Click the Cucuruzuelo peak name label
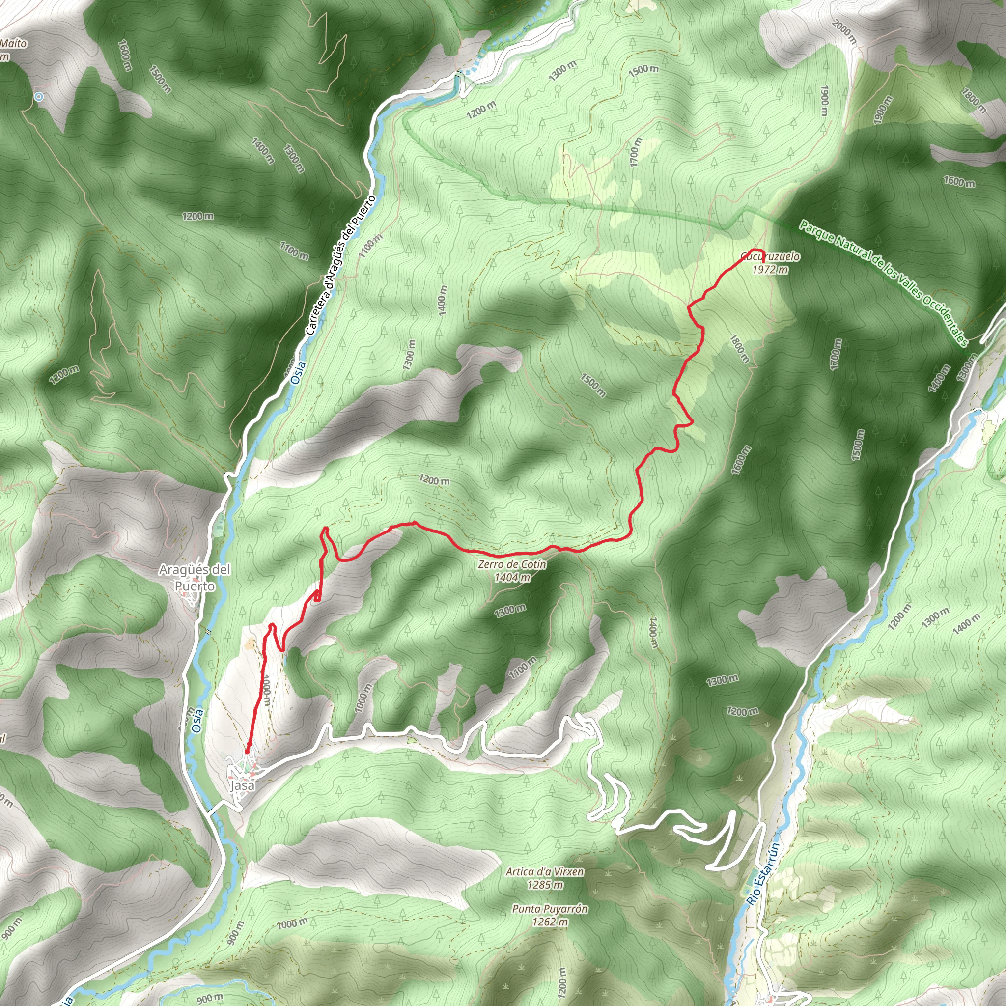point(770,257)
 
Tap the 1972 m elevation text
point(770,269)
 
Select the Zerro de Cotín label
point(512,564)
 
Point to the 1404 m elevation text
point(512,577)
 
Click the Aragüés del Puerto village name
point(194,578)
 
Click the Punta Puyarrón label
point(550,909)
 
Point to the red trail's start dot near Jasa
point(247,752)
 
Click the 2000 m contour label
point(843,32)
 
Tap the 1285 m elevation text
point(545,884)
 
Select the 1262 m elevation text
point(550,922)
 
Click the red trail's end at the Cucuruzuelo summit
point(763,254)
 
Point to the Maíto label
point(13,43)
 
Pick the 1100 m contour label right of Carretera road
point(370,245)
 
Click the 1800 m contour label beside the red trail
point(739,349)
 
